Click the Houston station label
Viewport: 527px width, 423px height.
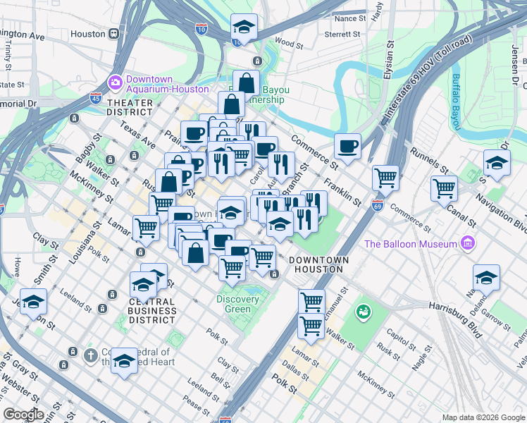(x=88, y=34)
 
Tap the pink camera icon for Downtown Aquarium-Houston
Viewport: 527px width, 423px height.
(x=115, y=83)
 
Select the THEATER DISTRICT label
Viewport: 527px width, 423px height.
(x=130, y=107)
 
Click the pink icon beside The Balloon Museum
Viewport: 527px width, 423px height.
(x=466, y=244)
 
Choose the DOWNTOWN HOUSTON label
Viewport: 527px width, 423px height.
(x=318, y=265)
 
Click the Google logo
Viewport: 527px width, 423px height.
(x=24, y=415)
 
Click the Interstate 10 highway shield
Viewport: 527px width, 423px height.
(x=201, y=28)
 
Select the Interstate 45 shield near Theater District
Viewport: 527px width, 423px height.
(x=95, y=98)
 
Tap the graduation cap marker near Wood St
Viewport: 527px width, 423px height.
(x=244, y=28)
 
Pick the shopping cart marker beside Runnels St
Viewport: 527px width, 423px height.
(x=444, y=188)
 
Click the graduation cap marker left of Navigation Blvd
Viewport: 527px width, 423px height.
(x=497, y=164)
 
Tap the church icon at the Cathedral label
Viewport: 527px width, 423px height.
(x=90, y=355)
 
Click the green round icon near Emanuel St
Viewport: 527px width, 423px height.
(x=364, y=310)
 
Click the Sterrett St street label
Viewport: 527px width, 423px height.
(x=342, y=34)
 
